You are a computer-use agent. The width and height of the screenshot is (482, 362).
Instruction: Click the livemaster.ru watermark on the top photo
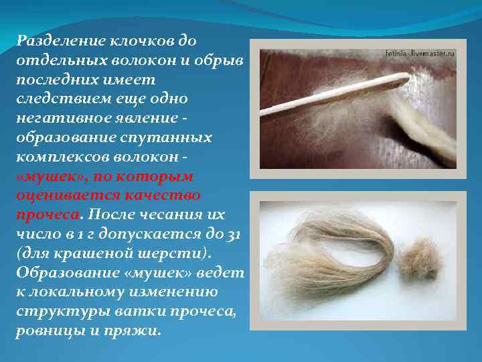click(x=420, y=52)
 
